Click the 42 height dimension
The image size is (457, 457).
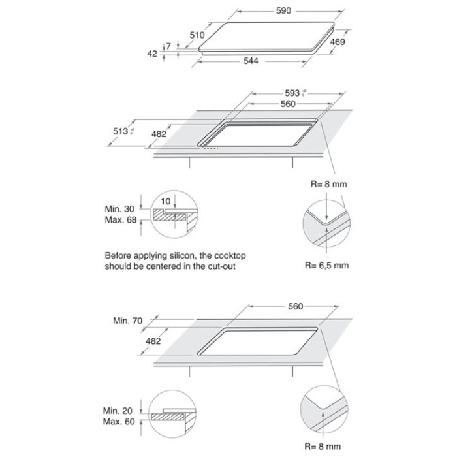pyautogui.click(x=152, y=54)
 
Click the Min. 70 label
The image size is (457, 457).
pyautogui.click(x=127, y=321)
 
